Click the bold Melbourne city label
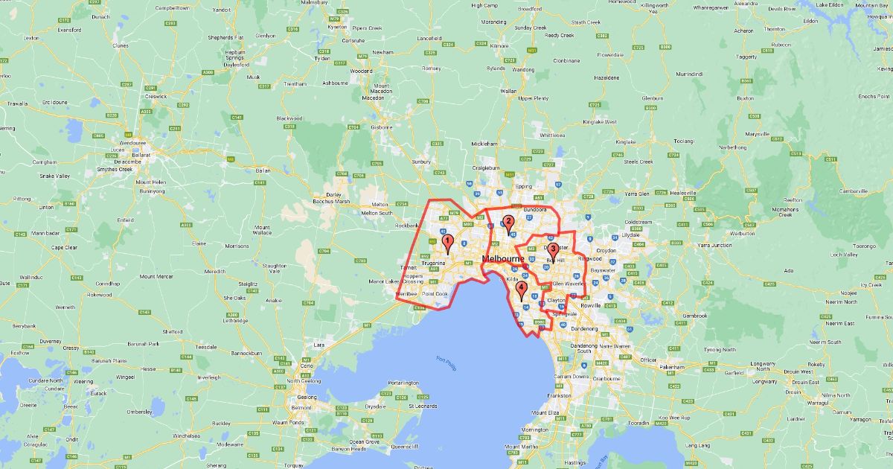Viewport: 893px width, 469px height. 504,258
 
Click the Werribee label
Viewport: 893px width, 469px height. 406,294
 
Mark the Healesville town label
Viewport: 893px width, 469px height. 682,193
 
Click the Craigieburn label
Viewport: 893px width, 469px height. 484,168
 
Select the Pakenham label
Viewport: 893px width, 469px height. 670,367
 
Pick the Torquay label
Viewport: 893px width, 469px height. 294,465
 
